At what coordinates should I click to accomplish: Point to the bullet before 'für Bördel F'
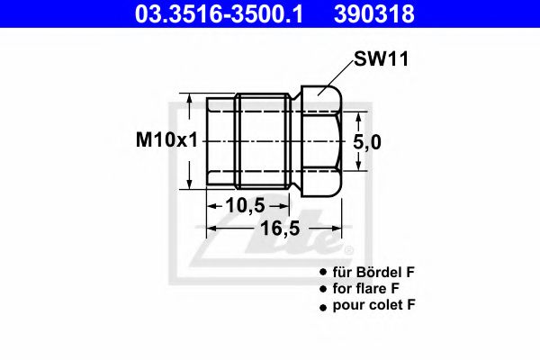(322, 272)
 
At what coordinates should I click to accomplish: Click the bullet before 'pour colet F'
(322, 307)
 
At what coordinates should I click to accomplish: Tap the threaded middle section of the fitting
(263, 140)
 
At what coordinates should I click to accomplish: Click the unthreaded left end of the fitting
(220, 140)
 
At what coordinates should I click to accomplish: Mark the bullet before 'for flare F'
(322, 289)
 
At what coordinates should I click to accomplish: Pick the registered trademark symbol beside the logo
(350, 249)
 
